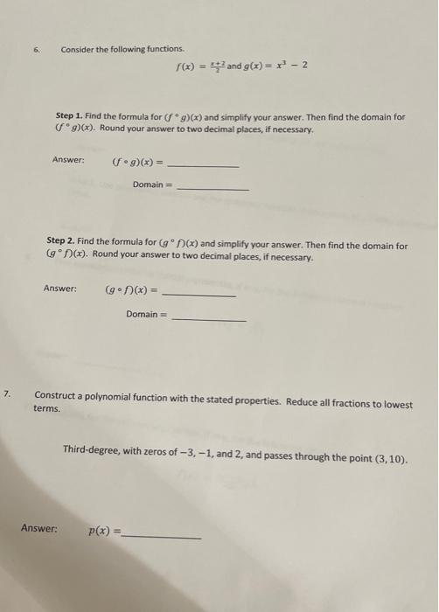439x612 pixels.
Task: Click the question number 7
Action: click(x=7, y=395)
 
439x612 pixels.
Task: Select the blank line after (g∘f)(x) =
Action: click(x=199, y=296)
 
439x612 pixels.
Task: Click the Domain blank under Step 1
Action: click(x=213, y=189)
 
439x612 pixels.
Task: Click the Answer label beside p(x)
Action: click(x=38, y=528)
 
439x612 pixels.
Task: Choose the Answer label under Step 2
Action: click(x=59, y=289)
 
